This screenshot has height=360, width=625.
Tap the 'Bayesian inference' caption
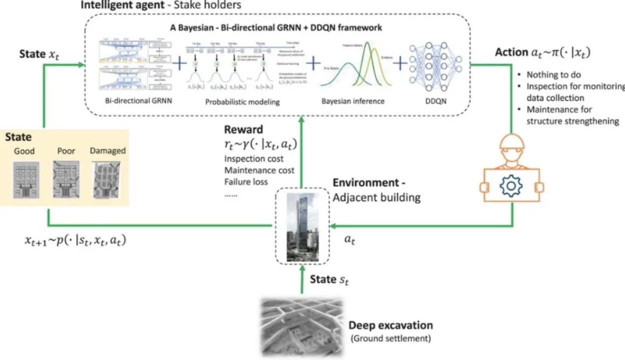point(353,101)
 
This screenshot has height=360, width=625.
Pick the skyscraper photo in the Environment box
point(299,227)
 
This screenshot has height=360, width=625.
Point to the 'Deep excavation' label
point(390,325)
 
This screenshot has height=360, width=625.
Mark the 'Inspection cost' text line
point(254,159)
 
